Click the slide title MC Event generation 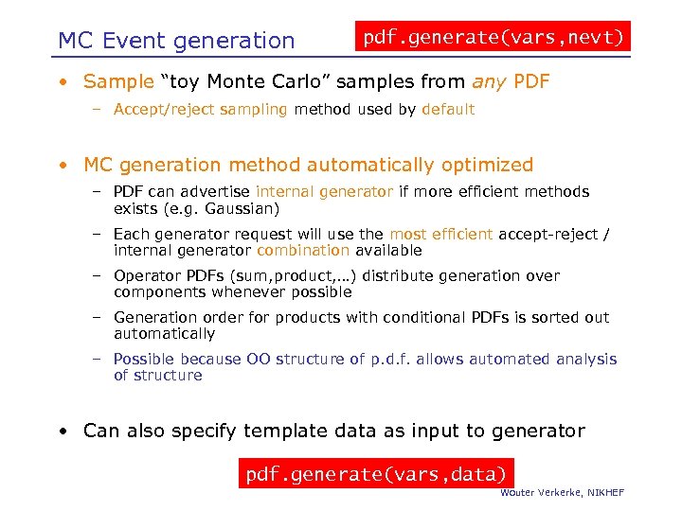tap(176, 41)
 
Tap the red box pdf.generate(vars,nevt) tap(494, 38)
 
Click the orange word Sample tap(118, 81)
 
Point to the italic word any tap(489, 81)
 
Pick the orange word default tap(448, 109)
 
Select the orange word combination tap(303, 251)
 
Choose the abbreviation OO tap(259, 360)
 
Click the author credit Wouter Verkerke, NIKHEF tap(563, 493)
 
